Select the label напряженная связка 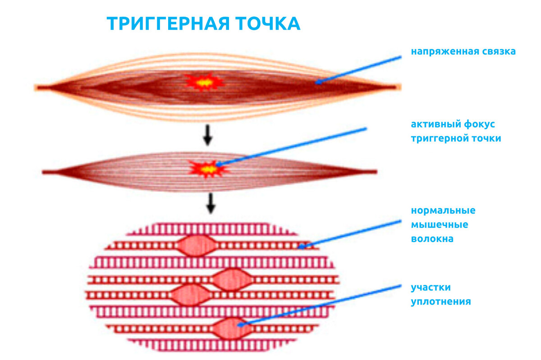coord(463,51)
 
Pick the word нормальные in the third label coord(443,210)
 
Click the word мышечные coord(440,224)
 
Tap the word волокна coord(432,239)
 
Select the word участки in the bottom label coord(431,287)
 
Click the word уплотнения coord(441,301)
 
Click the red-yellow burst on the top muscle coord(204,82)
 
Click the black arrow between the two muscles coord(207,135)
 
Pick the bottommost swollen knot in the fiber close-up coord(233,328)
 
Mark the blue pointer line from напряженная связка coord(358,70)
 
